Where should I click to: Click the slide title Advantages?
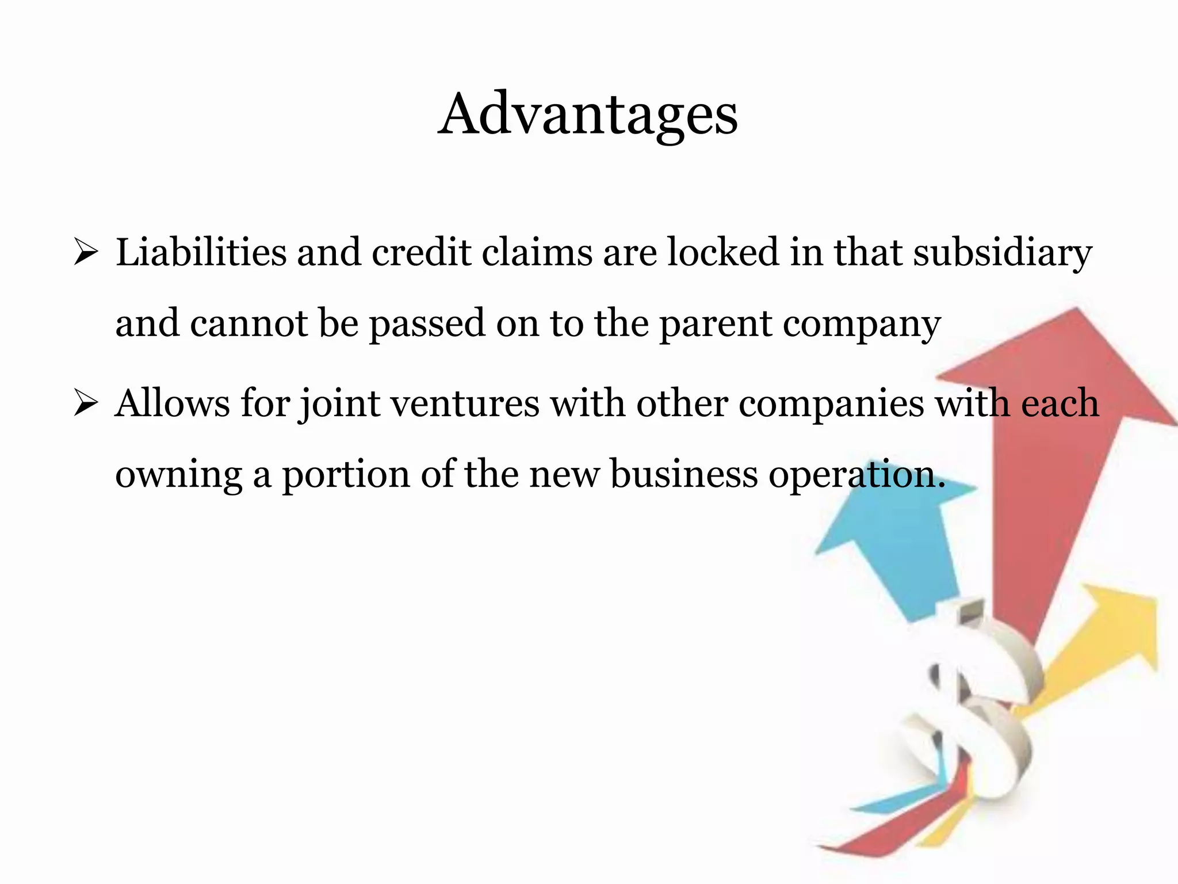[588, 115]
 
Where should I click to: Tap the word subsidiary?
[1003, 253]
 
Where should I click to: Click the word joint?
[339, 404]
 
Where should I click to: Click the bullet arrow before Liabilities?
[86, 253]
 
